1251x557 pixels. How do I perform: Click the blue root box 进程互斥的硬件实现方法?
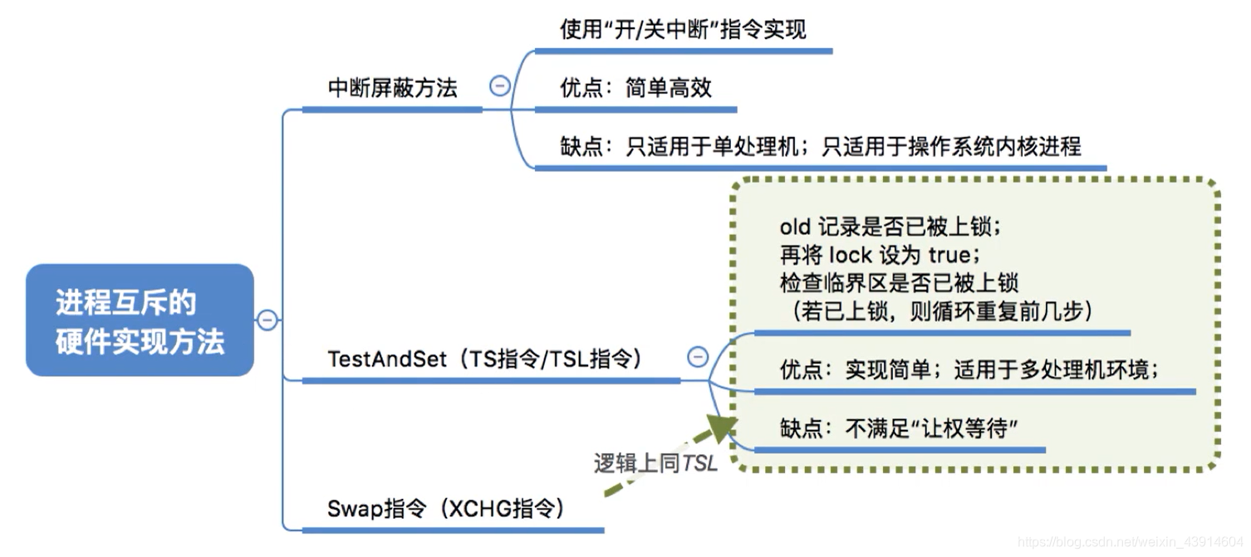click(140, 320)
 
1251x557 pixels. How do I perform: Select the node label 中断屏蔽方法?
click(392, 88)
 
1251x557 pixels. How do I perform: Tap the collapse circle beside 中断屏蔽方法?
click(499, 86)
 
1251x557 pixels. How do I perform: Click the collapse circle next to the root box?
click(267, 320)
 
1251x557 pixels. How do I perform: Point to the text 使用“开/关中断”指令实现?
click(683, 30)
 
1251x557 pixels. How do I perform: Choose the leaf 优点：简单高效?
click(635, 88)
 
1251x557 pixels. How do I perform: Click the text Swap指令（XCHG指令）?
click(445, 508)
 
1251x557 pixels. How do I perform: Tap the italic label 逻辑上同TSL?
click(655, 463)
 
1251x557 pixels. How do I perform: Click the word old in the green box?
click(794, 227)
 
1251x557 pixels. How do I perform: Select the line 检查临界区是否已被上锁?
click(899, 282)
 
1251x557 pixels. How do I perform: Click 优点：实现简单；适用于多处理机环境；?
click(969, 369)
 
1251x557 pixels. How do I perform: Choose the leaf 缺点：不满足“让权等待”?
click(899, 428)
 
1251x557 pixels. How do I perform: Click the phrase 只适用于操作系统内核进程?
click(951, 147)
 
